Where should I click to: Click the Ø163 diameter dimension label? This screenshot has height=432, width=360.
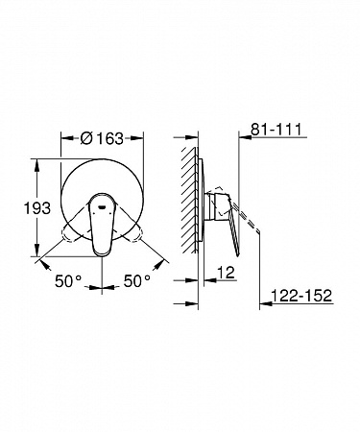tap(102, 138)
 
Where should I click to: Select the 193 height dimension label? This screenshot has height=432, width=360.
tap(37, 208)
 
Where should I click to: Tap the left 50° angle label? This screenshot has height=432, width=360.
tap(68, 281)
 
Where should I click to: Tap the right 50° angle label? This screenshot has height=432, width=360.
tap(137, 281)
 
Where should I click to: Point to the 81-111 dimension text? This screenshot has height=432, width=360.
tap(276, 130)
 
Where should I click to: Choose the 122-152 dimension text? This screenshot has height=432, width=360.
tap(301, 296)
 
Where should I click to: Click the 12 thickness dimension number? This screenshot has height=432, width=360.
tap(226, 273)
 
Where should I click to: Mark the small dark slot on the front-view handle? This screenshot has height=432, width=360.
tap(102, 207)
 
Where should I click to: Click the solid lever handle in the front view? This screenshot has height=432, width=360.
tap(102, 225)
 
